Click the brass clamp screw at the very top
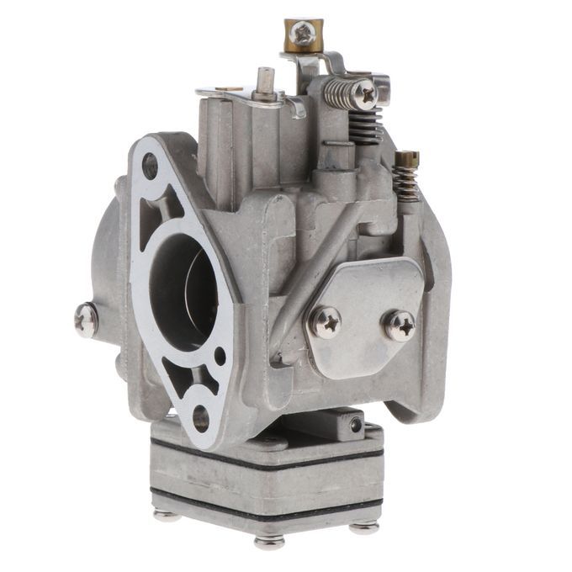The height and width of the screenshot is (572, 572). click(302, 34)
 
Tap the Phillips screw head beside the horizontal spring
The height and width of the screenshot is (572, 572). click(364, 93)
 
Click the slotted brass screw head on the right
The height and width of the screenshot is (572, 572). click(406, 158)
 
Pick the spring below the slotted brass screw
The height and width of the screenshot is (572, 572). click(406, 184)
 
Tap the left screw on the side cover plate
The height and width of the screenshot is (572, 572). click(326, 320)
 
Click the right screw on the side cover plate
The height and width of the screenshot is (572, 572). click(399, 325)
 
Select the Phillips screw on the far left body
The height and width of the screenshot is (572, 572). click(86, 320)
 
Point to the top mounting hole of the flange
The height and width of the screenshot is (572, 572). click(150, 166)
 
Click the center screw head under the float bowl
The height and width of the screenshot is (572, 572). click(269, 543)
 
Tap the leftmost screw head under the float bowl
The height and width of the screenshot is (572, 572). click(167, 513)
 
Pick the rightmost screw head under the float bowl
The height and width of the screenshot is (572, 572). click(363, 527)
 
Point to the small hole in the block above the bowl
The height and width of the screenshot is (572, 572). click(356, 425)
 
